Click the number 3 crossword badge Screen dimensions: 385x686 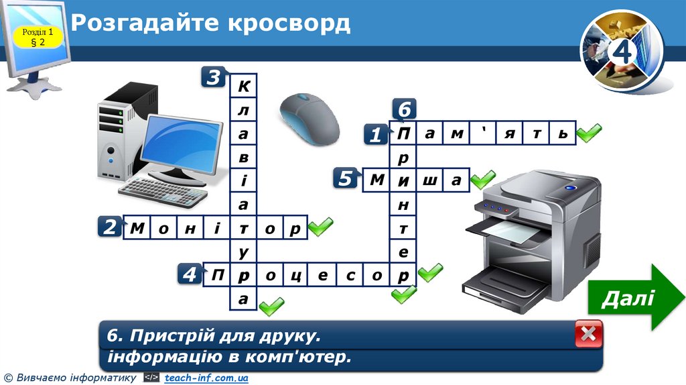(213, 78)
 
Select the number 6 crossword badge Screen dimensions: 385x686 (404, 109)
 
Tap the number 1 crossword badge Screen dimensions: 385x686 (376, 135)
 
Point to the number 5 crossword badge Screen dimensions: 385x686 (345, 179)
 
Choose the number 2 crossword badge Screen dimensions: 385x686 (110, 227)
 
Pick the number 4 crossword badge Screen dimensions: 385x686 (190, 274)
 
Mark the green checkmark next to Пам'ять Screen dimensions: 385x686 (589, 133)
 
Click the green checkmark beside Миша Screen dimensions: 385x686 (482, 179)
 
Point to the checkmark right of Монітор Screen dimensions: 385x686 (320, 227)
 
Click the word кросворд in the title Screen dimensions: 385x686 (289, 23)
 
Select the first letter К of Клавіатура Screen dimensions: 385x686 (243, 87)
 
